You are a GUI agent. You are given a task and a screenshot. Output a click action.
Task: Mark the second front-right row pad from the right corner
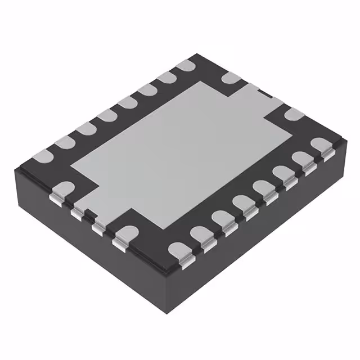pyautogui.click(x=301, y=159)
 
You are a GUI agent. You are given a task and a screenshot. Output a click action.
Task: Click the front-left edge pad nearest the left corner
pyautogui.click(x=62, y=188)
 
